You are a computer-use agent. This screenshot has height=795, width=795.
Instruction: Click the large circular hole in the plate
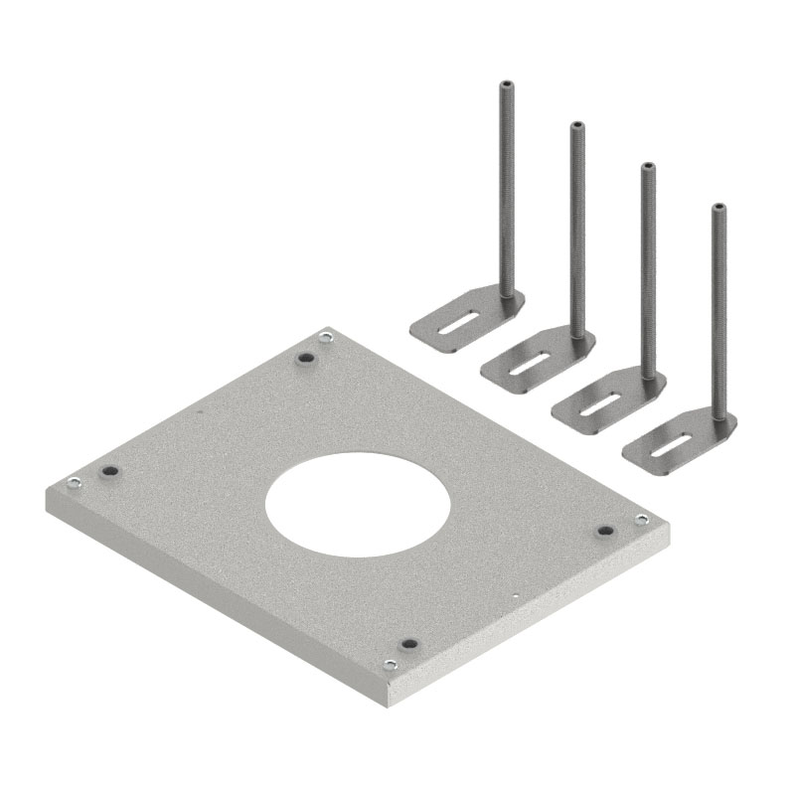tap(358, 503)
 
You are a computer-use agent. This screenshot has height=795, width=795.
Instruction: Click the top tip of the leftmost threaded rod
tap(507, 83)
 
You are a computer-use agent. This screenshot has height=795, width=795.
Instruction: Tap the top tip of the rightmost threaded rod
tap(717, 208)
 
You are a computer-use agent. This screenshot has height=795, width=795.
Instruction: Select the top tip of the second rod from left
tap(576, 125)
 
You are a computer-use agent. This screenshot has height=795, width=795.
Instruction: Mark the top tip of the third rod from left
tap(647, 166)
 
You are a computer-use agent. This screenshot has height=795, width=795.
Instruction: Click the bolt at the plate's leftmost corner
tap(73, 484)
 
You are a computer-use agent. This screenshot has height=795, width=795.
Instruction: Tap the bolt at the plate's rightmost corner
tap(641, 519)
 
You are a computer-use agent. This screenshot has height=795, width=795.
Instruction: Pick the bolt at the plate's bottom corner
tap(390, 665)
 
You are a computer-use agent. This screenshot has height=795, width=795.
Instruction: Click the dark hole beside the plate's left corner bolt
tap(109, 470)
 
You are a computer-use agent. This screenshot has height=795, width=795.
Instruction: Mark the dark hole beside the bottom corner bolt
tap(405, 645)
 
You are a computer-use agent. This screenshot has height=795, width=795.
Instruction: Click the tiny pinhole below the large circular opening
tap(516, 596)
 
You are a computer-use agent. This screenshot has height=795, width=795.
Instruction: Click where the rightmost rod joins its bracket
tap(718, 416)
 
